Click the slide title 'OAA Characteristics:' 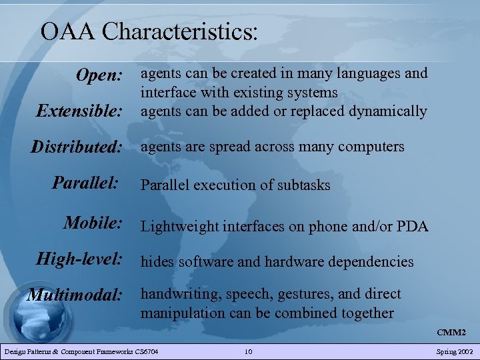(x=149, y=31)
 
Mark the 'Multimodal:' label (x=75, y=295)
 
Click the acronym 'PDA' (x=412, y=226)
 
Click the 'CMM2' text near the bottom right (x=451, y=332)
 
